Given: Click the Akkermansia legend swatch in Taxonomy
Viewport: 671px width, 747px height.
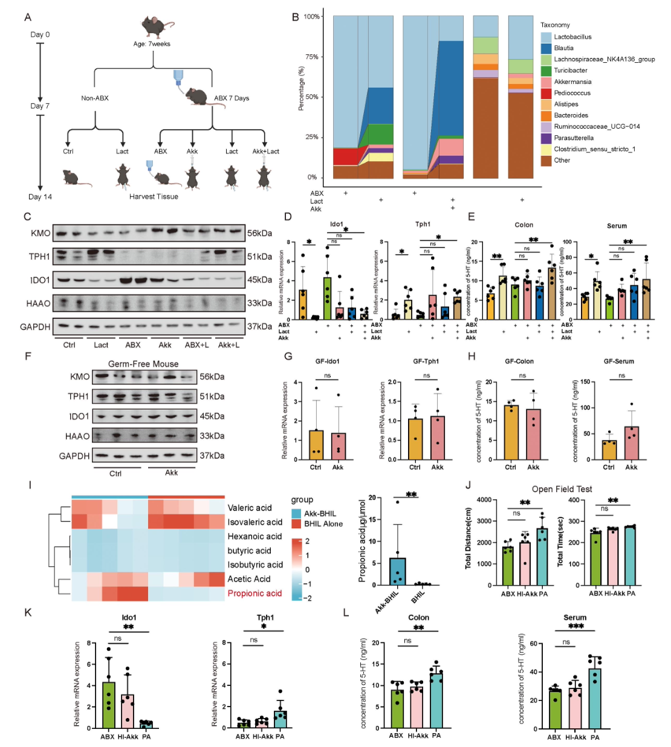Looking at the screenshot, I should click(546, 82).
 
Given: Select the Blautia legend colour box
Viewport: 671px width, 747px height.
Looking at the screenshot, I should click(546, 48).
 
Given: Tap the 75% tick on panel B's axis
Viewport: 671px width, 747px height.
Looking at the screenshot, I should click(312, 57).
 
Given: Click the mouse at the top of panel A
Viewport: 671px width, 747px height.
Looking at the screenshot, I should click(157, 27).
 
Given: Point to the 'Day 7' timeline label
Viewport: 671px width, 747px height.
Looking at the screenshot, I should click(40, 106).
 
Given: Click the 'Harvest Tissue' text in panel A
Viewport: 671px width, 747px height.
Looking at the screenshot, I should click(154, 196).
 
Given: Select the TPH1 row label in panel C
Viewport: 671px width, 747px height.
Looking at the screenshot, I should click(39, 256).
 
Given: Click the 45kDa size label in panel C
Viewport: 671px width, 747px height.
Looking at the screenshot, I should click(259, 280).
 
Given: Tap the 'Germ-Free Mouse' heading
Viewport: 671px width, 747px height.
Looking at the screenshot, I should click(143, 364).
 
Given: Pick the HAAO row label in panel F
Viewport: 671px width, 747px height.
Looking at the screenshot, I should click(77, 436).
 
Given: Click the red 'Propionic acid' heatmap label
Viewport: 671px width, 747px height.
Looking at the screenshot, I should click(254, 593).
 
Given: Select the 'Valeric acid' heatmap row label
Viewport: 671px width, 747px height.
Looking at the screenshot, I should click(249, 508).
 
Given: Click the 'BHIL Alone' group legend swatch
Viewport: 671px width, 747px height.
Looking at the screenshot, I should click(296, 524).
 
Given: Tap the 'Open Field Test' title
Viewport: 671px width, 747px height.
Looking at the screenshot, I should click(562, 489).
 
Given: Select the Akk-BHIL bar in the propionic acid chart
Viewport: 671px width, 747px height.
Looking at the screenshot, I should click(397, 571).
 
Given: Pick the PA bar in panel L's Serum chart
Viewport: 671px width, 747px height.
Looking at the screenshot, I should click(595, 698).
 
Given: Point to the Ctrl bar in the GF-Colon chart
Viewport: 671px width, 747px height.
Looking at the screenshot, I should click(511, 432).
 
